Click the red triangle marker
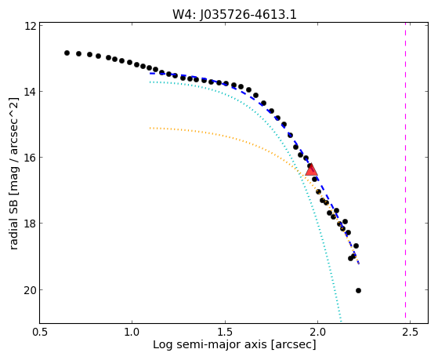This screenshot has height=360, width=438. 311,169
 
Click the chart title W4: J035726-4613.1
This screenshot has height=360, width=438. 234,15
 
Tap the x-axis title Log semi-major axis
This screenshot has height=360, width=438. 234,344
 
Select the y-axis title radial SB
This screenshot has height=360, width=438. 13,173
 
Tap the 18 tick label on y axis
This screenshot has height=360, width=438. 30,224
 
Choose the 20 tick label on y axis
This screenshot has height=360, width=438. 30,289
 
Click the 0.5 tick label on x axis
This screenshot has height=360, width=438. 40,332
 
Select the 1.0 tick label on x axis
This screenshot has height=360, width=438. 132,332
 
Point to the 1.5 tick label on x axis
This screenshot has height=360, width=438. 225,332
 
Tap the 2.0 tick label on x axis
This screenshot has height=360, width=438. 317,332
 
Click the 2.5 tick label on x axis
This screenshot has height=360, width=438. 410,332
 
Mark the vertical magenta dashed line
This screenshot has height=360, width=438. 405,173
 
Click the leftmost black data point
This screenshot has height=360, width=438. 67,53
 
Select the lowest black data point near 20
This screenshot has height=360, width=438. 358,291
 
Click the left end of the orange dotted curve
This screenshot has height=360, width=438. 150,128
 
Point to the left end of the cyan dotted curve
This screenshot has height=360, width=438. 150,82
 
